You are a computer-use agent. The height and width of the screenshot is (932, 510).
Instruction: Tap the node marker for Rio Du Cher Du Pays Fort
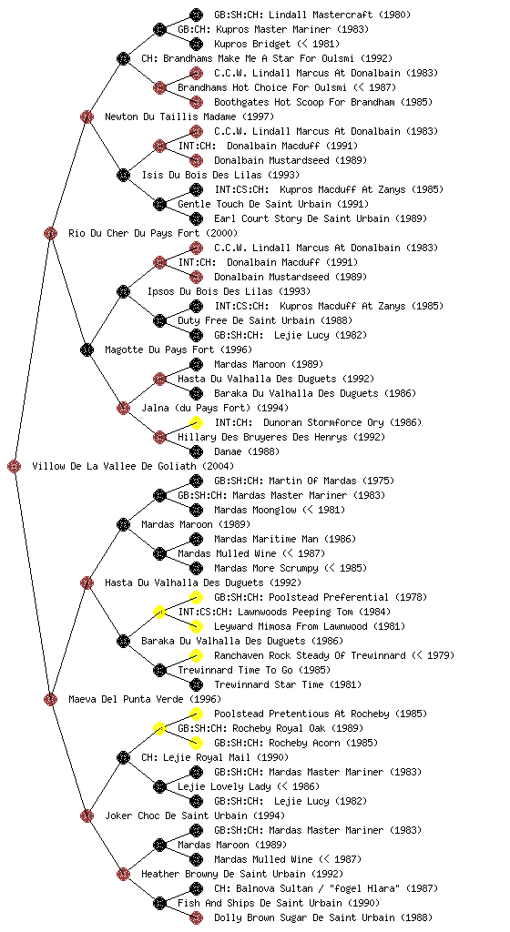(50, 233)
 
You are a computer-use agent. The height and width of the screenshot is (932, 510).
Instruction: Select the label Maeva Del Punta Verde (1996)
(145, 700)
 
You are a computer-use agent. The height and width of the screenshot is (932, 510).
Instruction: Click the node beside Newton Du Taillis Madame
(87, 116)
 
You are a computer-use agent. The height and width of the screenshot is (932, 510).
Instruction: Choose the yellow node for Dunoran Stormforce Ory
(196, 422)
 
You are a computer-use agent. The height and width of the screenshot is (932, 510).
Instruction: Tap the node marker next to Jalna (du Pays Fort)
(123, 409)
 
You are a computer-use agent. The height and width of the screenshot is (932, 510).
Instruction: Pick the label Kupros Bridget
(244, 44)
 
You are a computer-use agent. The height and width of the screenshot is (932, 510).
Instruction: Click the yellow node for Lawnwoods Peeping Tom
(159, 613)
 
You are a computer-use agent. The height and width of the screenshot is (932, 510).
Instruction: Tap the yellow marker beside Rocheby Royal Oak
(159, 729)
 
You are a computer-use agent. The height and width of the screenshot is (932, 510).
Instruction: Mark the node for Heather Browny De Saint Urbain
(123, 875)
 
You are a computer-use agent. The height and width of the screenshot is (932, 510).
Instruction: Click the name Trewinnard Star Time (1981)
(288, 684)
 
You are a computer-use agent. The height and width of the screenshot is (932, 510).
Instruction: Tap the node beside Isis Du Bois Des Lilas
(123, 176)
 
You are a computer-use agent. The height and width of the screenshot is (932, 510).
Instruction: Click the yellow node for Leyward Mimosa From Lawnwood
(196, 626)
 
